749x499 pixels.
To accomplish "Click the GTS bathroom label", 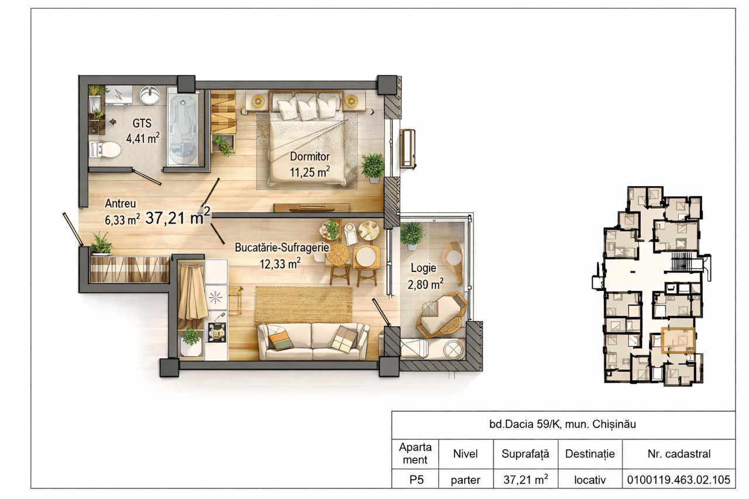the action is coord(142,123).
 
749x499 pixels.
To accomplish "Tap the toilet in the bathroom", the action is coord(105,149).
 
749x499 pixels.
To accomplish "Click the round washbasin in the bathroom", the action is coord(150,95).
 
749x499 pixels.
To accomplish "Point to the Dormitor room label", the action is coord(310,156).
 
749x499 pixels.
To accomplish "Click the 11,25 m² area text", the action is coord(310,172).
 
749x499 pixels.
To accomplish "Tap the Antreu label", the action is coord(121,204).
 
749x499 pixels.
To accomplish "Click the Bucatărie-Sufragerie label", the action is coord(282,247).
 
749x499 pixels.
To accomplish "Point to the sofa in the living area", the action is coord(313,341).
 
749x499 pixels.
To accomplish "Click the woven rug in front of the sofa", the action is coord(304,305).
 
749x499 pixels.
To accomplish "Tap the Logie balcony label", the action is coord(423,268).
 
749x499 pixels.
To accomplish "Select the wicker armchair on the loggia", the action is coord(442,315).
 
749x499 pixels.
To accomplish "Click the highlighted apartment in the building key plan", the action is coord(678,340).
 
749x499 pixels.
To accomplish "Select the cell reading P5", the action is coord(416,480).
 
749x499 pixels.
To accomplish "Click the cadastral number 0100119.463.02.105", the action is coord(678,480).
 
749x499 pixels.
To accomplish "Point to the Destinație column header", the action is coord(590,454).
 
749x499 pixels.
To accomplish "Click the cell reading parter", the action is coord(465,480).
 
